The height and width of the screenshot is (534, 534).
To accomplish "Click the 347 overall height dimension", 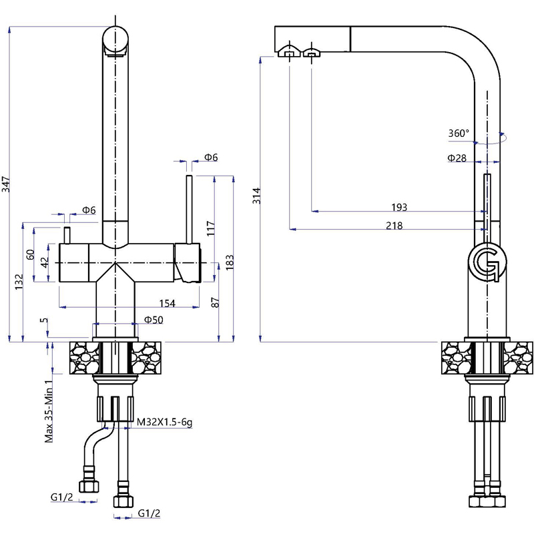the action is coord(6,184).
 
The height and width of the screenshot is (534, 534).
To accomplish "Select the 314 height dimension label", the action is coord(256,196).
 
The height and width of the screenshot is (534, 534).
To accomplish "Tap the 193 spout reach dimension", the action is coord(399,207).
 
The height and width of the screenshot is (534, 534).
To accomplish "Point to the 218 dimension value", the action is coord(394,226).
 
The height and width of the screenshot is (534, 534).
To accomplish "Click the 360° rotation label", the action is coord(459,133).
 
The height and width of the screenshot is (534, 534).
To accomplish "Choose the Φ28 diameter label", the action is coord(457,158).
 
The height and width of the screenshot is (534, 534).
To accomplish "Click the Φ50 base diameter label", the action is coord(154,320).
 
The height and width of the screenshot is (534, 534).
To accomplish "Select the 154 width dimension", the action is coord(168,303).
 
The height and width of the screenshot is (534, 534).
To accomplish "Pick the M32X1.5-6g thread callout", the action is coord(164,423).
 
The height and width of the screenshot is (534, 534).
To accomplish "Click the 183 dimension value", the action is coord(230,262).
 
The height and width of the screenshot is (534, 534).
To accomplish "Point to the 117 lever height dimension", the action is coord(211,228).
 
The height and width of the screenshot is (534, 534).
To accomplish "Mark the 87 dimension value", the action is coord(215,302).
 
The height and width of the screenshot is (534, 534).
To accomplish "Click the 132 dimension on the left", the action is coord(19,282).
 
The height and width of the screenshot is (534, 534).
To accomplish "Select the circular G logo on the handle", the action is coord(487,262).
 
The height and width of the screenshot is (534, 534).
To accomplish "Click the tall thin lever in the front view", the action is coord(190,210).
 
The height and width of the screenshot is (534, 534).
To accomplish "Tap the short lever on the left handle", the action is coord(67,235).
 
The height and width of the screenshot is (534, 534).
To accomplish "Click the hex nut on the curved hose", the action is coord(89,487).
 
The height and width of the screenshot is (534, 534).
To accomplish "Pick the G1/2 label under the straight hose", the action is coord(149,513).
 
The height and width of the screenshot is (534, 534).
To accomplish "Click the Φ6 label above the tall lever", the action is coord(211,158).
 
